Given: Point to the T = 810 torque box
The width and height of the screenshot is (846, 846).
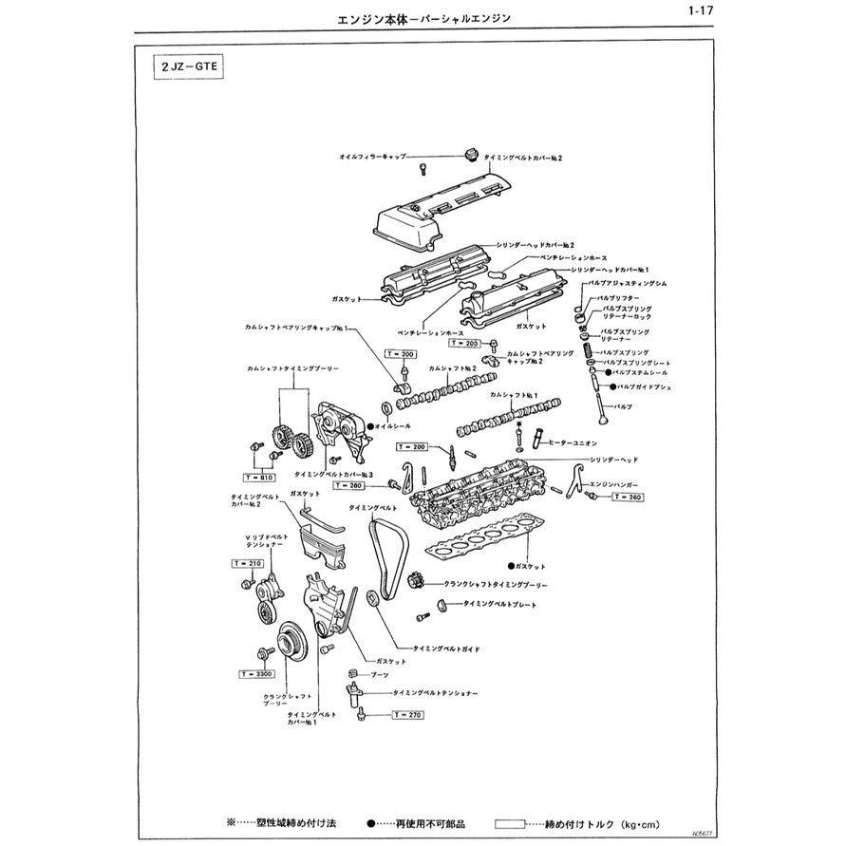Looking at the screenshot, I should pos(260,477).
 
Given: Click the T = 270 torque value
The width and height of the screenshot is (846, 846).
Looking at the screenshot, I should pos(407,714).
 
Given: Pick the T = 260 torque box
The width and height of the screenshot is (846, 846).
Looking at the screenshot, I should pos(628,497).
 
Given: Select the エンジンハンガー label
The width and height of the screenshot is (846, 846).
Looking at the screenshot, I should pos(615,483).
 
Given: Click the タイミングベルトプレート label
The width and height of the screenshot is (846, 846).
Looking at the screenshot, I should pos(498,604).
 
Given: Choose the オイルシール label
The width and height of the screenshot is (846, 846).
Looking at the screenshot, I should pos(393,426).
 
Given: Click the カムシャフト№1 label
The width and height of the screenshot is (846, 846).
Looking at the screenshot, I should pos(514,394).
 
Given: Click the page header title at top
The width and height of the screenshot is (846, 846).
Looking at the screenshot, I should pos(423,18).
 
